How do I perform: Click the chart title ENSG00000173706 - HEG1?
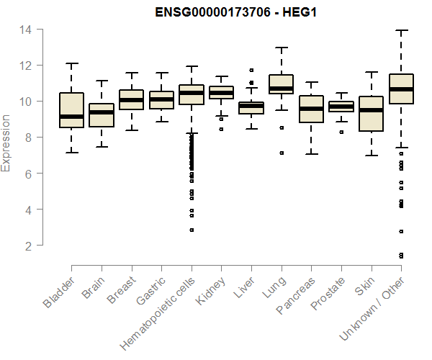click(x=237, y=12)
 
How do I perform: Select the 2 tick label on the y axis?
click(x=27, y=246)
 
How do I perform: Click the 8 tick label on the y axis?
click(x=27, y=138)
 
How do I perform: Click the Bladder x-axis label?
click(x=58, y=292)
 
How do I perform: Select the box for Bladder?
click(x=71, y=110)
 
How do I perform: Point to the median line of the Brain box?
click(x=102, y=112)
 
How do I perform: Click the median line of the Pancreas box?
click(x=311, y=109)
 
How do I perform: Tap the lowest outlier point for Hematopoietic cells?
click(x=192, y=230)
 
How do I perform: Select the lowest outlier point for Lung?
click(x=281, y=153)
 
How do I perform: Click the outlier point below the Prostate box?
click(x=341, y=132)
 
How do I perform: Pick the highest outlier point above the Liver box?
click(x=251, y=71)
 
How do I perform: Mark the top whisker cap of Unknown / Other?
click(x=400, y=30)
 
